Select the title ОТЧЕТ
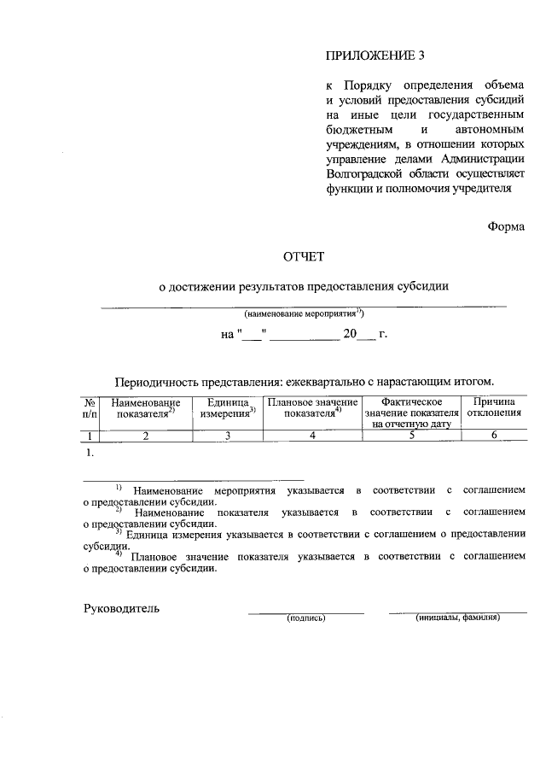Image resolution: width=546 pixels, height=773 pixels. coord(304,255)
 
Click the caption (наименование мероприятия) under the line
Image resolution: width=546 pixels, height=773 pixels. coord(304,313)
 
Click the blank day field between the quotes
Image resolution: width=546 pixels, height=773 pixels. coord(253,335)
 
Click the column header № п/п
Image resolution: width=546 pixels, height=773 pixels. coord(90,407)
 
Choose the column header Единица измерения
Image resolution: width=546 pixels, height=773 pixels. coord(228,407)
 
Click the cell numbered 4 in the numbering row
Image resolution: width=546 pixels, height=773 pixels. coord(312,436)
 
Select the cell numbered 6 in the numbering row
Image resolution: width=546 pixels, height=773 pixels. coord(494,436)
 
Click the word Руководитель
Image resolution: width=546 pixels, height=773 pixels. coord(121,609)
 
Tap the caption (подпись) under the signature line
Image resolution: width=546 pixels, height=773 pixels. coord(307,618)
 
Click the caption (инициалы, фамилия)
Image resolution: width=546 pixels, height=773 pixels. coord(457,617)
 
